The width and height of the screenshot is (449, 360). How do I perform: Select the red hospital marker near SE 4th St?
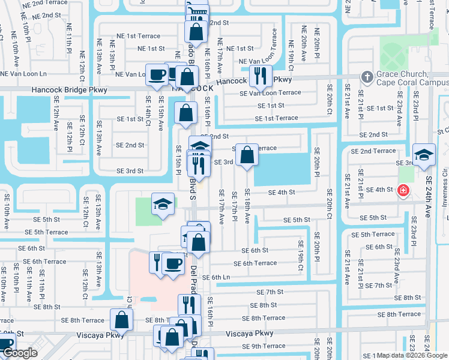pyautogui.click(x=403, y=190)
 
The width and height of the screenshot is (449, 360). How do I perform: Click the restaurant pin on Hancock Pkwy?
pyautogui.click(x=260, y=76)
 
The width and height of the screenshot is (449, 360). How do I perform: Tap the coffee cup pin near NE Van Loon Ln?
pyautogui.click(x=157, y=76)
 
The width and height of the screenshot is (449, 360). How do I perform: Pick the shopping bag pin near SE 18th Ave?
pyautogui.click(x=247, y=155)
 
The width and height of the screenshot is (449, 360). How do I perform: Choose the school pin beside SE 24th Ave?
pyautogui.click(x=424, y=155)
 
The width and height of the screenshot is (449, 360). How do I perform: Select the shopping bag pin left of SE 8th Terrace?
pyautogui.click(x=122, y=320)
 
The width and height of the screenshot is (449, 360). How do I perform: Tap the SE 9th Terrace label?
pyautogui.click(x=264, y=346)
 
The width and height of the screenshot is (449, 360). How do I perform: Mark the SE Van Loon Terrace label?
pyautogui.click(x=270, y=93)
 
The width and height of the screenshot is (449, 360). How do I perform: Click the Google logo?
pyautogui.click(x=20, y=353)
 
